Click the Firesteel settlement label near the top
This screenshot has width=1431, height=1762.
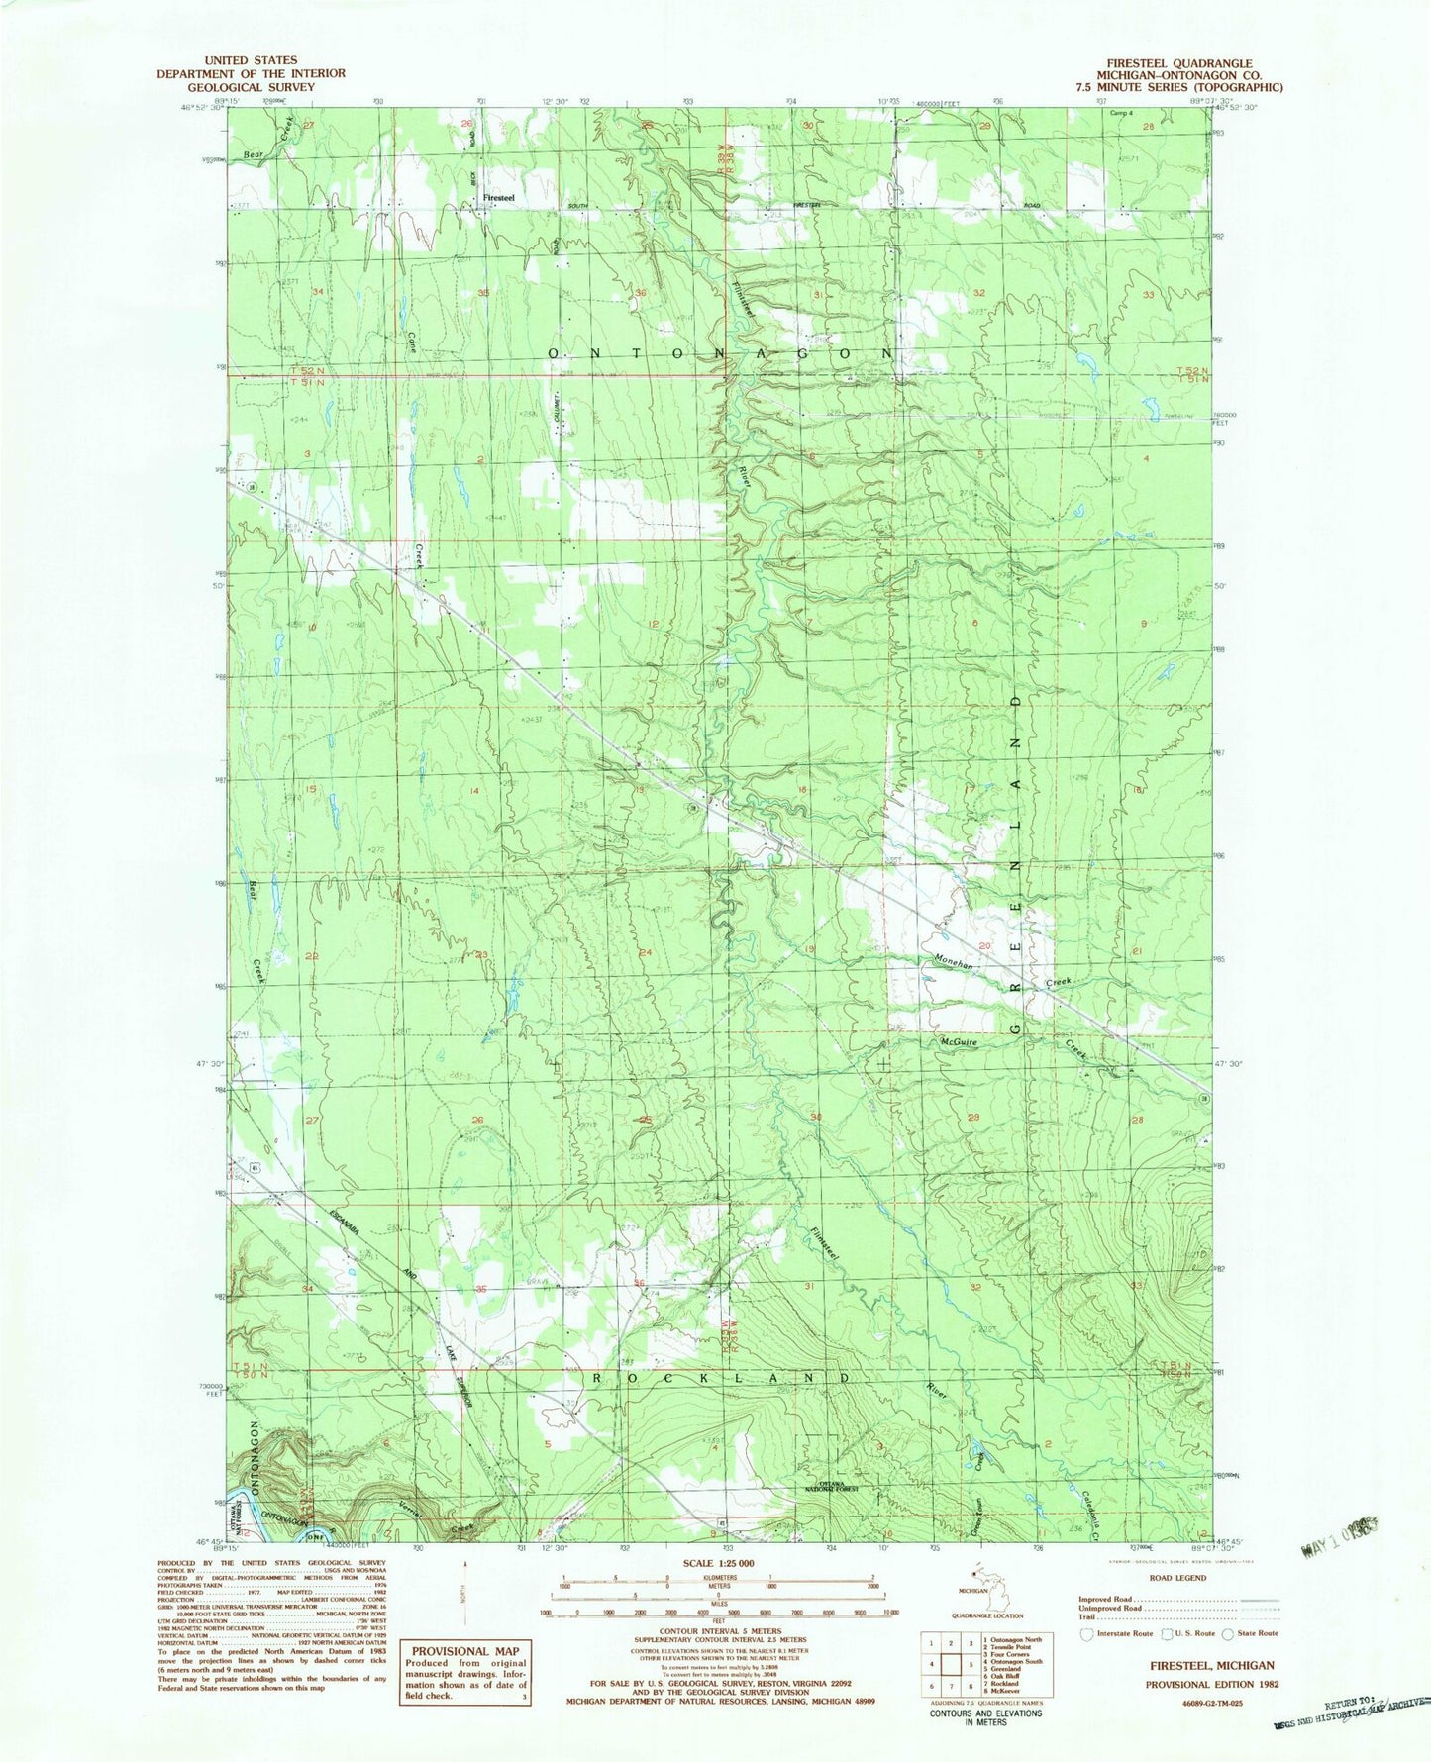499,198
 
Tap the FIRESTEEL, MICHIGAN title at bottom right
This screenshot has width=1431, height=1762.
1209,1666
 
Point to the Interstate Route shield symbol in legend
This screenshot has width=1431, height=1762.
1086,1633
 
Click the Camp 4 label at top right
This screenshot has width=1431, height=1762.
1120,112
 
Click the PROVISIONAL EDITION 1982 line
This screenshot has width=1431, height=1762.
1209,1684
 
